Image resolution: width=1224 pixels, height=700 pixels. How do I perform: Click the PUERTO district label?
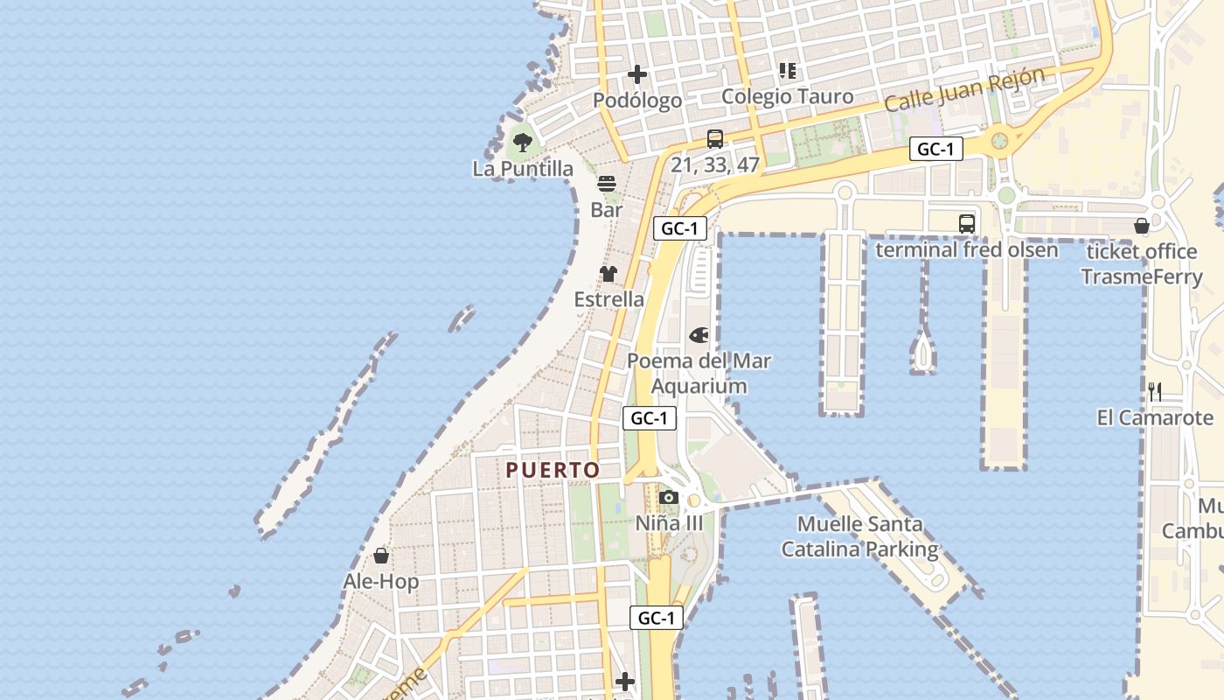click(x=553, y=470)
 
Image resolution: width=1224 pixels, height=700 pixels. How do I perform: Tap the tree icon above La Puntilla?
click(x=523, y=142)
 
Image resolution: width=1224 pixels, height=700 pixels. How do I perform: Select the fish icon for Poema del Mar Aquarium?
click(x=699, y=335)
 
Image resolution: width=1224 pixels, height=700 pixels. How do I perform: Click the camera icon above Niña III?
click(x=669, y=498)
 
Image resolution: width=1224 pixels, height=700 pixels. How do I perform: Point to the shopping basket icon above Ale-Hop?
click(x=381, y=556)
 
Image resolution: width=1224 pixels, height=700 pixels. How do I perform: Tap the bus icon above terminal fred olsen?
click(x=966, y=224)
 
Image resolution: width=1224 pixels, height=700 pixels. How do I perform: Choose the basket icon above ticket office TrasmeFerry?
click(x=1141, y=226)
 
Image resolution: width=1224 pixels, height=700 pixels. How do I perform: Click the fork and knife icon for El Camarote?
click(x=1155, y=392)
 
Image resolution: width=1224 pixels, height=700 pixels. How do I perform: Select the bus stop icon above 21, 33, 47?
click(x=714, y=138)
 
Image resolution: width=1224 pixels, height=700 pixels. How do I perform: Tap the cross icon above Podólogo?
click(x=638, y=74)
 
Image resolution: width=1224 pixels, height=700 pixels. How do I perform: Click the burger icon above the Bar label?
click(x=607, y=184)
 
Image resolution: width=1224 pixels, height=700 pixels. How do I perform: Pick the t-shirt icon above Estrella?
click(x=609, y=274)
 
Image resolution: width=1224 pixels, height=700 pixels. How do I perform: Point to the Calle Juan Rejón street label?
click(x=964, y=89)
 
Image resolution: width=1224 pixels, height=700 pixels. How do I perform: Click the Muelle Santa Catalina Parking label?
click(x=859, y=537)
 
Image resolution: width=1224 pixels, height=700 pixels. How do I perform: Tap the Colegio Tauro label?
click(x=787, y=96)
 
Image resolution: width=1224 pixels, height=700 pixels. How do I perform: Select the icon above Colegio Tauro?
click(x=788, y=70)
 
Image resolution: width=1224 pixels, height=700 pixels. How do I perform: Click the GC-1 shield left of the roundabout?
click(x=935, y=149)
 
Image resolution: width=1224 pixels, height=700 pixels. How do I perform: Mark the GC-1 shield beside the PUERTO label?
click(x=650, y=418)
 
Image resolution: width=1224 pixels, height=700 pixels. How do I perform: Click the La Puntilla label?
click(x=523, y=169)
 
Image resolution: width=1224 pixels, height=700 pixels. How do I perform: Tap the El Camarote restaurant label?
click(x=1155, y=417)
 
